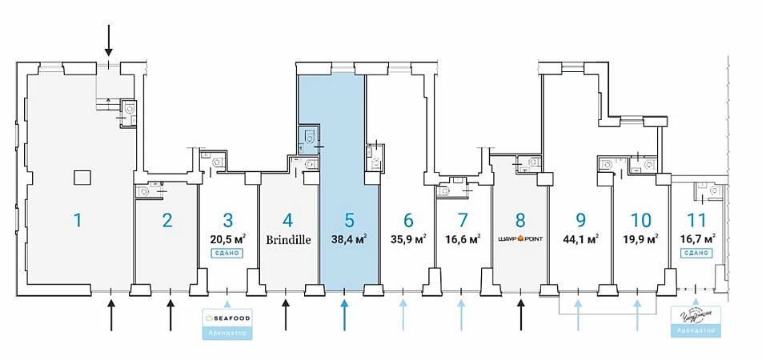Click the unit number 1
click(x=78, y=219)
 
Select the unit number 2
click(x=167, y=219)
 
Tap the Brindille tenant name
click(x=289, y=238)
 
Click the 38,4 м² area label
click(x=349, y=238)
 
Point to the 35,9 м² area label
click(x=408, y=238)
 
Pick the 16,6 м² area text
click(x=463, y=238)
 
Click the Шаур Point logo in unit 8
click(x=520, y=238)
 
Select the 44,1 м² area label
click(x=581, y=238)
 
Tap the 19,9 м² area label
click(x=640, y=238)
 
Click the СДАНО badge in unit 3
click(x=227, y=253)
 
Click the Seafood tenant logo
click(x=228, y=318)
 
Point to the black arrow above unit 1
click(x=110, y=40)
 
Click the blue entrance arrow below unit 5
click(x=344, y=314)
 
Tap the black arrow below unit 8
click(x=520, y=314)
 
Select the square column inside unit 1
click(x=81, y=176)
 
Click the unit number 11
click(x=696, y=219)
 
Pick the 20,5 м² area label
click(x=227, y=238)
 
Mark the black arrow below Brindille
click(x=286, y=314)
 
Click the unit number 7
click(x=462, y=219)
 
